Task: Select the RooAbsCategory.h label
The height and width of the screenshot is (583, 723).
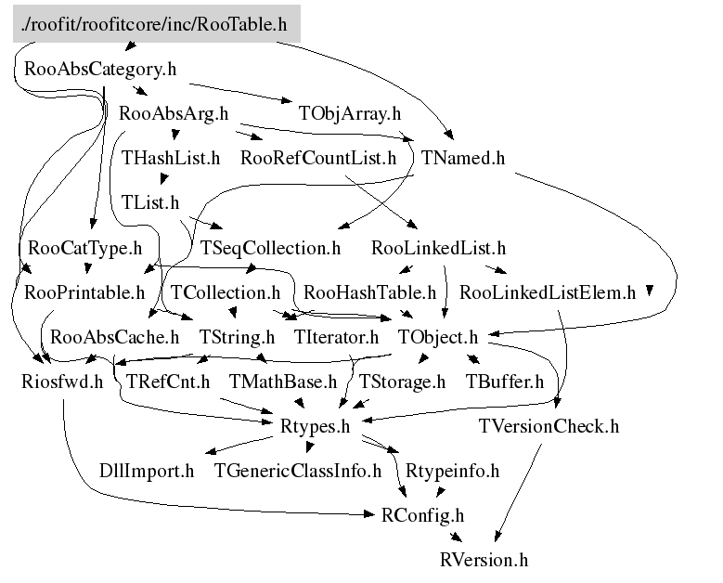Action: pos(100,69)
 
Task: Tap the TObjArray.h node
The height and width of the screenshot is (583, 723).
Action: pos(349,114)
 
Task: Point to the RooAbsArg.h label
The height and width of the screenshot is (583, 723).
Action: pos(174,114)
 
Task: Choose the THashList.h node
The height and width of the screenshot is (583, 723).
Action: pos(171,158)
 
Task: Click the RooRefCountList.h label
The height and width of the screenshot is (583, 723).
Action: pos(317,158)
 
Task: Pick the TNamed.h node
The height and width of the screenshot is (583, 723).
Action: pos(462,158)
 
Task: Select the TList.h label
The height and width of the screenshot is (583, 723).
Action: pos(149,202)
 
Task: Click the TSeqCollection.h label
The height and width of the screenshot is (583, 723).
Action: pos(271,248)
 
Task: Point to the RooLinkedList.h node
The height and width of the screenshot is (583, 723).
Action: pos(437,248)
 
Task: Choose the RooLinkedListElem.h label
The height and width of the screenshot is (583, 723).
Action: pos(547,292)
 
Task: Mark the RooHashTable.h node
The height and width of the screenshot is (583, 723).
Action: pos(369,292)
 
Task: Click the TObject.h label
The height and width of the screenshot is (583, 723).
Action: pos(437,337)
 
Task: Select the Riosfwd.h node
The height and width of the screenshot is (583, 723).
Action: pos(62,382)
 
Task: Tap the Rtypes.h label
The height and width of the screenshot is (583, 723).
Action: pos(314,426)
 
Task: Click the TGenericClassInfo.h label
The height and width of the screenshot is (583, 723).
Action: pos(297,471)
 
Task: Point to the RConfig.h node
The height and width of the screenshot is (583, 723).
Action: pos(422,515)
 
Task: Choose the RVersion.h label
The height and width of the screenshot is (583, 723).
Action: pos(484,560)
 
